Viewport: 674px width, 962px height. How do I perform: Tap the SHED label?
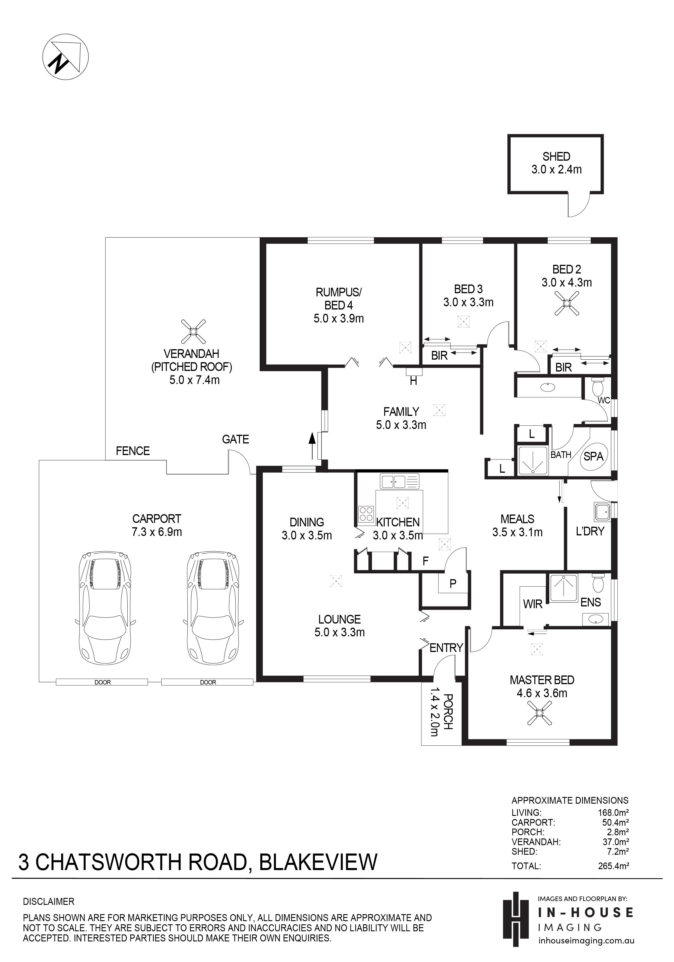[556, 156]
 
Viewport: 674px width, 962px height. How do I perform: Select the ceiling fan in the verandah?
[193, 331]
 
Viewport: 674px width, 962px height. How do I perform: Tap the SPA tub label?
[594, 456]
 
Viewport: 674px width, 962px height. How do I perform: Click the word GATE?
[236, 439]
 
